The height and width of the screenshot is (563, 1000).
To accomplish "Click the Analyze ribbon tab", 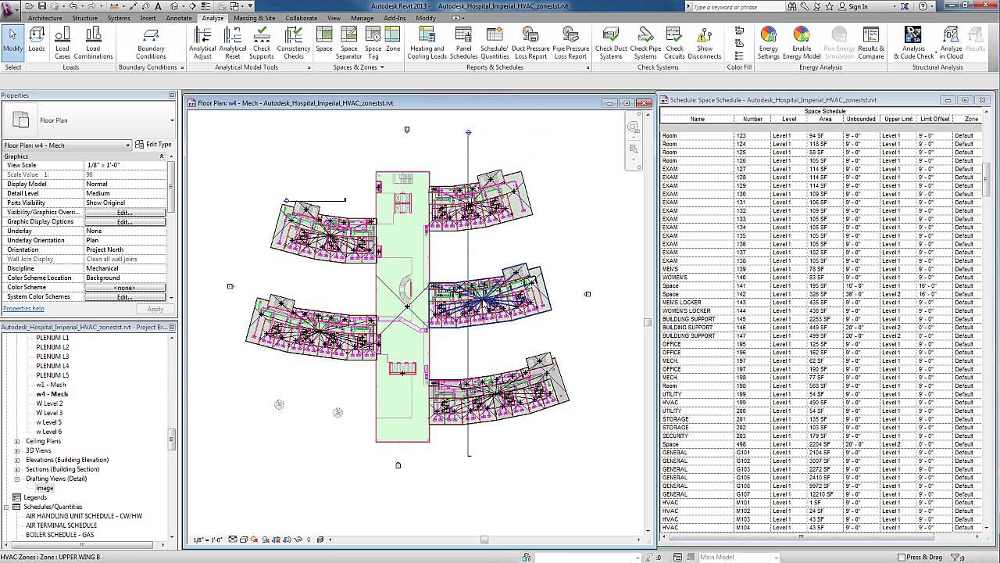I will coord(212,18).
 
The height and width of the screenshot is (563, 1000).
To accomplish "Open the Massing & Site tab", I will coord(254,18).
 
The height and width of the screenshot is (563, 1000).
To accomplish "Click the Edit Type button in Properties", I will coord(153,145).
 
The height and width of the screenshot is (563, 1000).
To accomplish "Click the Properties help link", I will coord(23,309).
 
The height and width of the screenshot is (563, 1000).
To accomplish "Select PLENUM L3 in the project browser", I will coord(52,357).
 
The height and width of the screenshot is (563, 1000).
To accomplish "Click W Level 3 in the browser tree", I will coord(49,413).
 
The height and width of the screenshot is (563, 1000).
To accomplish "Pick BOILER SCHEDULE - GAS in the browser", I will coord(59,535).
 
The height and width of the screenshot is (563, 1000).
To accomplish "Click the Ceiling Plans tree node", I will coord(43,441).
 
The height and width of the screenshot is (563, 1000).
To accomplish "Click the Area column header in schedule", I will coord(825,119).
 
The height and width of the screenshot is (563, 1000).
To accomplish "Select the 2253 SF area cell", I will coord(820,319).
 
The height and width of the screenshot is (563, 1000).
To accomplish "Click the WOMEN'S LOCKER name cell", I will coord(687,311).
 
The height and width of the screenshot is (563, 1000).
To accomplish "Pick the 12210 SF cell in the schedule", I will coord(820,494).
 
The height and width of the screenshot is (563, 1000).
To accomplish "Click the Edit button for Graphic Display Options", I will coord(124,222).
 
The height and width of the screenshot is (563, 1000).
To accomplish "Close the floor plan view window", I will coord(645,102).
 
